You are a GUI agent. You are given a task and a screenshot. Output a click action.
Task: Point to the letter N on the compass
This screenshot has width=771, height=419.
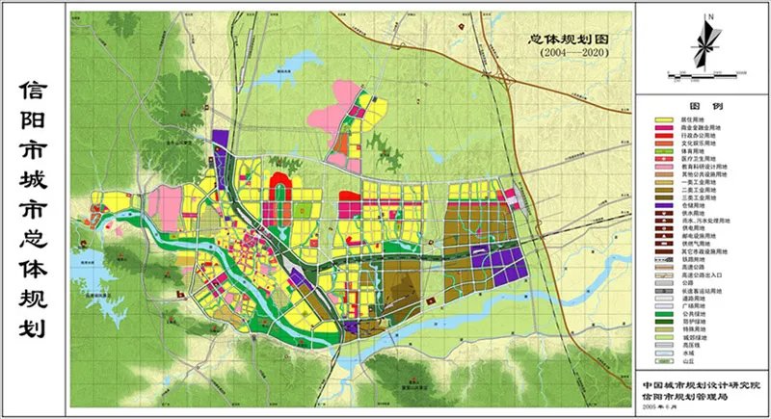tap(707, 17)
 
